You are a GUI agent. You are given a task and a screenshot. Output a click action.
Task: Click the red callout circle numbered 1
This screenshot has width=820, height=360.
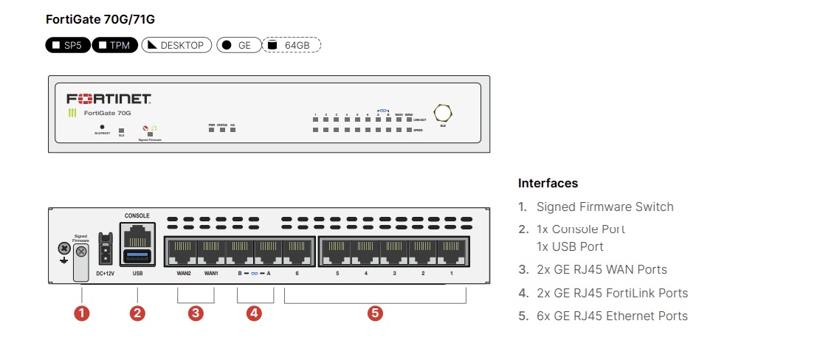click(82, 313)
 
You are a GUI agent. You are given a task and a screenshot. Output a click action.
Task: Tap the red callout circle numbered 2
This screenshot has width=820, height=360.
click(137, 313)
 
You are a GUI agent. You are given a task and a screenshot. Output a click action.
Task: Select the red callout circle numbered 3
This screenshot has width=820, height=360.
click(196, 313)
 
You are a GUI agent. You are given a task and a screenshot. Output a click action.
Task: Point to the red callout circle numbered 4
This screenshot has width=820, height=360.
click(254, 313)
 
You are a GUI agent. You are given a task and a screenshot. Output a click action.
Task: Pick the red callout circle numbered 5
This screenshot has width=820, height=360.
click(375, 313)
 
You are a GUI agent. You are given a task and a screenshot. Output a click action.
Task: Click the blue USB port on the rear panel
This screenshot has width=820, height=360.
click(137, 256)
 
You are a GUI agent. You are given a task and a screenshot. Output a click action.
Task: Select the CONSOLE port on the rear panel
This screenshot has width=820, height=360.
click(137, 235)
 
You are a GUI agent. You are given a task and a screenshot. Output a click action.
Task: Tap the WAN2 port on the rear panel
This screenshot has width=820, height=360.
click(183, 250)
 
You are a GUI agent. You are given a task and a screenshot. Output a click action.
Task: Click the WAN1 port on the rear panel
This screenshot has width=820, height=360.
click(211, 250)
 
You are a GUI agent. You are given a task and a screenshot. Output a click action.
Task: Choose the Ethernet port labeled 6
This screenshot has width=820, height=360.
click(297, 250)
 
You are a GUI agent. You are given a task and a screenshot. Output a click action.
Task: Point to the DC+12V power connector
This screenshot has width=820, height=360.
click(106, 250)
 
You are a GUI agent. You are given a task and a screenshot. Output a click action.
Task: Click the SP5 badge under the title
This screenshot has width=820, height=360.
click(67, 45)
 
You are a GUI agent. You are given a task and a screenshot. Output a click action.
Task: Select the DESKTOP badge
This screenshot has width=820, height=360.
click(176, 45)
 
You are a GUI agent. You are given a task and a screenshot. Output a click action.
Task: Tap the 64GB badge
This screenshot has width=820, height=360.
click(292, 45)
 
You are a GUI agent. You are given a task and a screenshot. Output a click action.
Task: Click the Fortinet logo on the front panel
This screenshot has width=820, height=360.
click(109, 99)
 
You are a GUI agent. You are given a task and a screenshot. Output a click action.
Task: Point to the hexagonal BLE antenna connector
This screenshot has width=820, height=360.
click(443, 113)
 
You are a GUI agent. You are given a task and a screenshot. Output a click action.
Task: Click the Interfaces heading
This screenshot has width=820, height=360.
click(548, 183)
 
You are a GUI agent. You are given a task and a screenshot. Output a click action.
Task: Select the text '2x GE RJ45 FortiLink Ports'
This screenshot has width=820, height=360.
click(612, 293)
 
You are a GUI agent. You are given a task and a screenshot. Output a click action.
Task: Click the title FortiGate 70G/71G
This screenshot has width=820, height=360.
click(100, 18)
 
